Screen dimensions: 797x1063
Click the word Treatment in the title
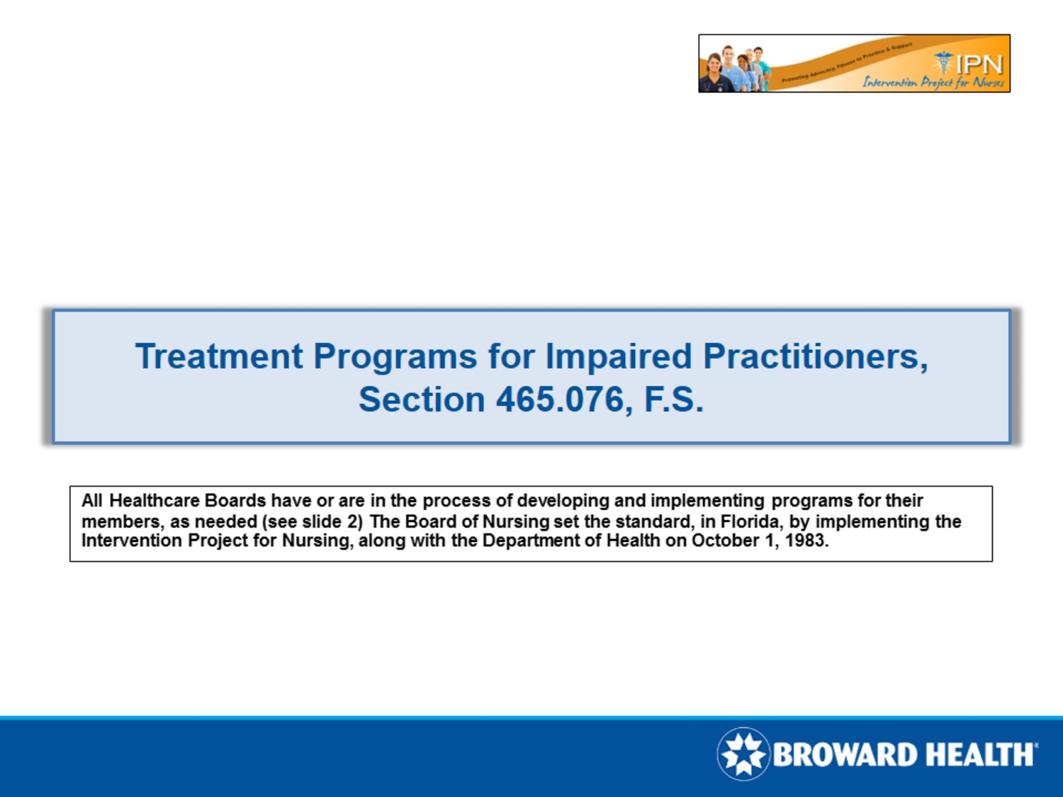[x=219, y=356]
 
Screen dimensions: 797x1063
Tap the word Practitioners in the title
[x=815, y=356]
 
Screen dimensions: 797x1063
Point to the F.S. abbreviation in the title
[x=674, y=400]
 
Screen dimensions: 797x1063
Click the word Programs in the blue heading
[x=395, y=356]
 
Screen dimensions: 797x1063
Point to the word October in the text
[x=725, y=541]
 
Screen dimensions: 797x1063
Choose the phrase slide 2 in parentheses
[x=332, y=522]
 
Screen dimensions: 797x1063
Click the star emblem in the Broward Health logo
[x=743, y=754]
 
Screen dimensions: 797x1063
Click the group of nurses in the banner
[x=734, y=69]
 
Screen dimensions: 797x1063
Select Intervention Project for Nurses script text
[x=933, y=82]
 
